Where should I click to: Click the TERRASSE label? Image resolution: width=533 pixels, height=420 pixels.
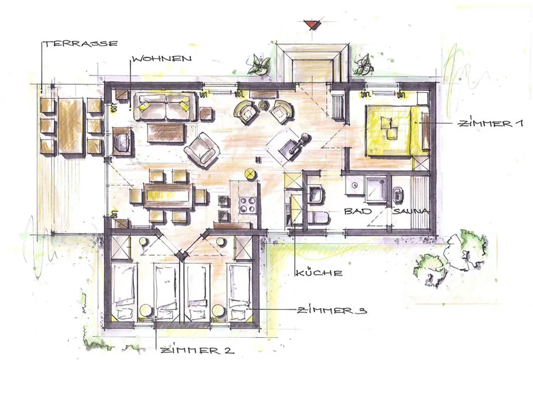click(80, 44)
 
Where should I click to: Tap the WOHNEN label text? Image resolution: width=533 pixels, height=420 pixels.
click(162, 59)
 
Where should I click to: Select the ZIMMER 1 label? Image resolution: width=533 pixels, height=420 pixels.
click(490, 124)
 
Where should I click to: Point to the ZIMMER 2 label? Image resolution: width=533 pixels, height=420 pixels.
click(197, 350)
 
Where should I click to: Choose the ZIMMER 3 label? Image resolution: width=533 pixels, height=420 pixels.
click(332, 311)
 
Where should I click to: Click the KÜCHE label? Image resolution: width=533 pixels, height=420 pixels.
click(319, 273)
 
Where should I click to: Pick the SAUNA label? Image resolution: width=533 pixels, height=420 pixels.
click(411, 212)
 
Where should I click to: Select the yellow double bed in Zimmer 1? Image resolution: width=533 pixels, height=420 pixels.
click(396, 131)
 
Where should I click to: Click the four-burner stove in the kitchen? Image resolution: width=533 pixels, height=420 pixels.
click(248, 205)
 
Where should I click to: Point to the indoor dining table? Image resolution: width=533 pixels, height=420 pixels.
click(169, 196)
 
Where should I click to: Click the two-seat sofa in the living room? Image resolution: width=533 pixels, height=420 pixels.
click(166, 106)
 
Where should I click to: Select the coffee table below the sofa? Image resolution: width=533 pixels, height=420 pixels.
click(167, 133)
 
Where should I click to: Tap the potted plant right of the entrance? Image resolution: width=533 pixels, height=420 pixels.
click(363, 64)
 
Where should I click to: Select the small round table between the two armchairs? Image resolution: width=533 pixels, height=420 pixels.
click(263, 105)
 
